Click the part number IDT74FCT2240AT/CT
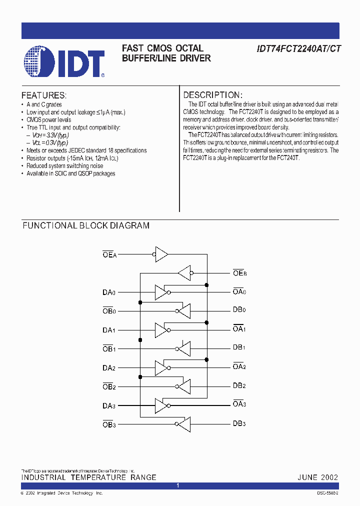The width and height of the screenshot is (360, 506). (x=298, y=49)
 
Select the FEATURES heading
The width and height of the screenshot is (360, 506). (x=44, y=95)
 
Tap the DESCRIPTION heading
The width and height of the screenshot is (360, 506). (x=213, y=95)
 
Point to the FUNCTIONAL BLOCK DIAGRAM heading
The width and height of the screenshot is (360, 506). (x=86, y=225)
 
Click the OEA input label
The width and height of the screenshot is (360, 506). (x=109, y=254)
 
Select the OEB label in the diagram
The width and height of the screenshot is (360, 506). (x=239, y=273)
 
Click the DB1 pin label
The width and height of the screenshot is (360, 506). (x=239, y=347)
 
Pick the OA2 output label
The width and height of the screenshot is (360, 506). (x=239, y=366)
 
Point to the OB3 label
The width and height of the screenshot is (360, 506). (x=109, y=424)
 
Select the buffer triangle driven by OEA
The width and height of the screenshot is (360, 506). (x=161, y=254)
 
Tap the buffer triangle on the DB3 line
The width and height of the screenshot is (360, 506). (x=183, y=424)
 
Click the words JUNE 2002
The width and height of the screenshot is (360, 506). (x=318, y=477)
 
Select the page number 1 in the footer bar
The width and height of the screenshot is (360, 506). (x=178, y=485)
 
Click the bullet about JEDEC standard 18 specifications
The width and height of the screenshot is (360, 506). (x=86, y=150)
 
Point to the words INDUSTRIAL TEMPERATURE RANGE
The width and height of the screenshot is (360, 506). (x=88, y=477)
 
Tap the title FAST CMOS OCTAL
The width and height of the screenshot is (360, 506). (x=162, y=48)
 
